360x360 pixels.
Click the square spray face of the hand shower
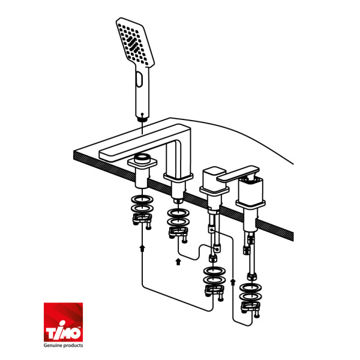135,43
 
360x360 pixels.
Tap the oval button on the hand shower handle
139,79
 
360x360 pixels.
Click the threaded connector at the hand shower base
143,119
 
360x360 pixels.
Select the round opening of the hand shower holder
142,158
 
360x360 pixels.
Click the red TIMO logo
63,322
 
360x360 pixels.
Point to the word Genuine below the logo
53,346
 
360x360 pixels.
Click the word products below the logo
73,346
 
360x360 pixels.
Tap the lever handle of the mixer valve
238,174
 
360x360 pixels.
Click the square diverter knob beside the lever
214,177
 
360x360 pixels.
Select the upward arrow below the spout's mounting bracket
178,262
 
